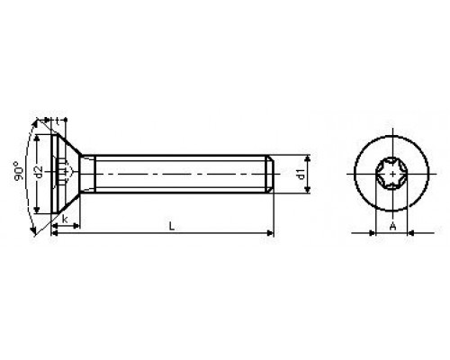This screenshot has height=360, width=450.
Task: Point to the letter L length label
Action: [x=170, y=224]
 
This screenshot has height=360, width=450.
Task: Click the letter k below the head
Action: [x=66, y=219]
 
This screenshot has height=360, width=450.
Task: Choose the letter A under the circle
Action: [x=392, y=225]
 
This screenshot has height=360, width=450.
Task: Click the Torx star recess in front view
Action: [x=392, y=170]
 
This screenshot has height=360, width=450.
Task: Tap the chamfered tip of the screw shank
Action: [x=271, y=170]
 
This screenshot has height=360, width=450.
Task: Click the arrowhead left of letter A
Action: [x=377, y=233]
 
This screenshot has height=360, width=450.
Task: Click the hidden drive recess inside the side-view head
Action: [x=63, y=170]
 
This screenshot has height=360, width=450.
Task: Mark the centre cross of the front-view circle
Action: [x=392, y=170]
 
